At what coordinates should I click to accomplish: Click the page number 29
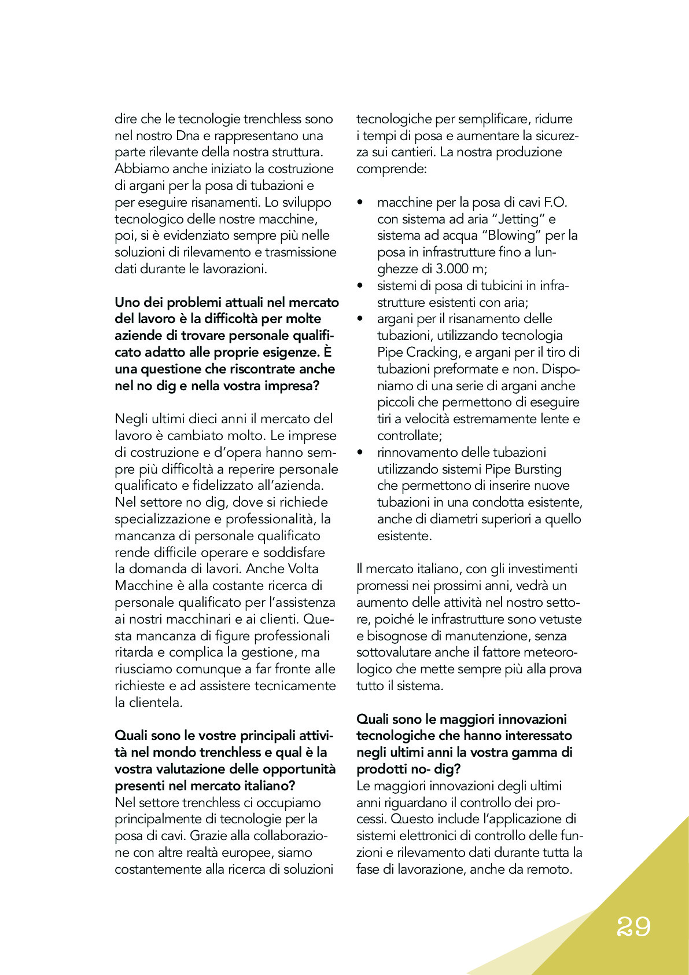(x=633, y=927)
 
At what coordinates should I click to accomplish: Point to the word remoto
(x=549, y=870)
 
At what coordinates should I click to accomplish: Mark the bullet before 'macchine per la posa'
(x=360, y=203)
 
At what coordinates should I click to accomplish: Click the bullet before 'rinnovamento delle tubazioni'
(x=360, y=453)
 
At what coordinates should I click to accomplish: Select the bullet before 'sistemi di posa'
(x=360, y=286)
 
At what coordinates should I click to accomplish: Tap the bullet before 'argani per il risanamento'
(x=360, y=319)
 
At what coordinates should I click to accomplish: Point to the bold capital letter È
(x=327, y=352)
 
